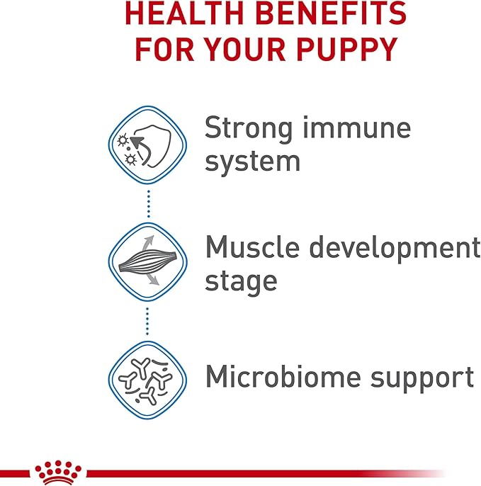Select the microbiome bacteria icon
[147, 377]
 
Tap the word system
[252, 162]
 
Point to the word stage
[241, 282]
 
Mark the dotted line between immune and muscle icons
[148, 205]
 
